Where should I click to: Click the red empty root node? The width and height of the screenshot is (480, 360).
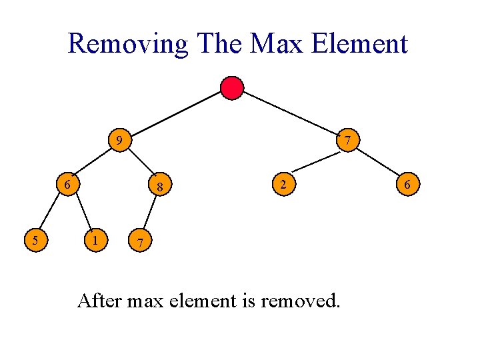point(232,88)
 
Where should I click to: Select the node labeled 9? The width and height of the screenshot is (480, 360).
point(119,141)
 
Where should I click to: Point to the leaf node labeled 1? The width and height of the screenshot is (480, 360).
point(97,238)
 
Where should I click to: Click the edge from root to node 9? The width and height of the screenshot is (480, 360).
point(176,114)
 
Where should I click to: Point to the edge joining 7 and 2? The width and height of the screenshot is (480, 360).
point(316,162)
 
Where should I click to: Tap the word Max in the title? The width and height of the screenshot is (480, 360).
point(277,44)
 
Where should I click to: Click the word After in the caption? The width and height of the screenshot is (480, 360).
point(99,301)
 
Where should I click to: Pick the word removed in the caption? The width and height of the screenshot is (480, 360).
point(300,301)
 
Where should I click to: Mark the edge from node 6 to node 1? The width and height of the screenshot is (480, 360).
point(83,211)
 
